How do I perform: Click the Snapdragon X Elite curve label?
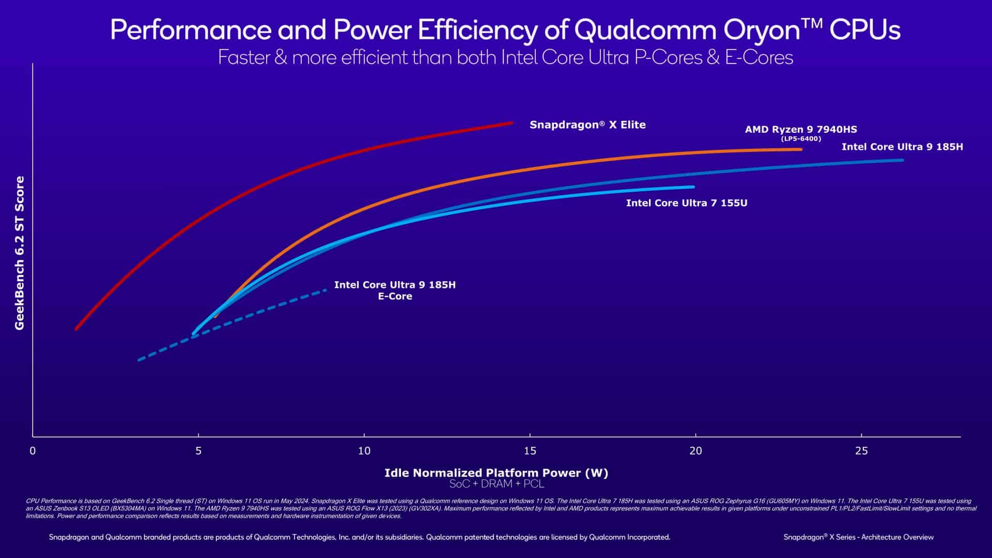tap(587, 125)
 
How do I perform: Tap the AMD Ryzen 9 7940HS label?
tap(800, 130)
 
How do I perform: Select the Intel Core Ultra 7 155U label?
tap(686, 203)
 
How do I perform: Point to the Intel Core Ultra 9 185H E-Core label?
tap(395, 290)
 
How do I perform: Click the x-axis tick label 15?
tap(530, 451)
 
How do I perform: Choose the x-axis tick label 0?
tap(33, 451)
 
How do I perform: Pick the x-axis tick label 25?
tap(861, 451)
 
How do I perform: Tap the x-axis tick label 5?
tap(198, 451)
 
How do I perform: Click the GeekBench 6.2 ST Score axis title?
tap(20, 253)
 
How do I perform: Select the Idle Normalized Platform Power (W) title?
tap(496, 473)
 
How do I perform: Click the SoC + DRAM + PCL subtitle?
tap(496, 484)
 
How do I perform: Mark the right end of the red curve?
tap(511, 123)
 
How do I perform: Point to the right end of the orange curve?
tap(800, 149)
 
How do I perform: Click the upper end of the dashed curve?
tap(326, 290)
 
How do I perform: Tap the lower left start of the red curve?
tap(76, 329)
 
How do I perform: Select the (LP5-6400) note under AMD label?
tap(800, 139)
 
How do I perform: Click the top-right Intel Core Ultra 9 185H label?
tap(902, 147)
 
